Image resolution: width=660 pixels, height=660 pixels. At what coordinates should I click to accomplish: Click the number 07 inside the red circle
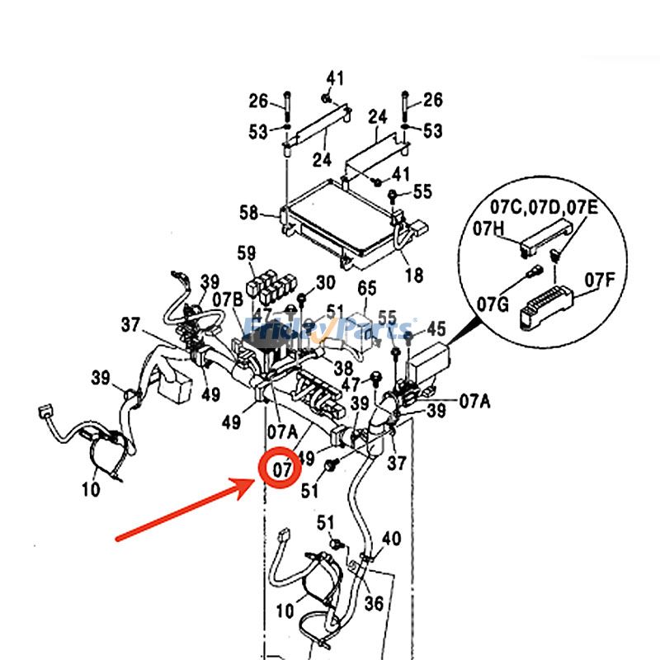click(x=282, y=469)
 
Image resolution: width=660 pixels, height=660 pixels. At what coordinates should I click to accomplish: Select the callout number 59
click(x=247, y=252)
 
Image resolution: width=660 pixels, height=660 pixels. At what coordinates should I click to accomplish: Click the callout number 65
click(x=366, y=288)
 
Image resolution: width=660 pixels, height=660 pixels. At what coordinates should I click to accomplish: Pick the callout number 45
click(x=436, y=329)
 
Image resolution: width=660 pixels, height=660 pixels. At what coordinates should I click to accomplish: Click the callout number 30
click(x=325, y=283)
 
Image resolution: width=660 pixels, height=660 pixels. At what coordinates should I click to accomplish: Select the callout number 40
click(x=391, y=539)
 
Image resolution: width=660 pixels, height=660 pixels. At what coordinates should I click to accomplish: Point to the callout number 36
click(x=374, y=604)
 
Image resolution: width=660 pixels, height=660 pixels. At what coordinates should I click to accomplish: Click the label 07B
click(x=227, y=298)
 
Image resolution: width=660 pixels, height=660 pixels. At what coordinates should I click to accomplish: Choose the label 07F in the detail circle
click(x=600, y=280)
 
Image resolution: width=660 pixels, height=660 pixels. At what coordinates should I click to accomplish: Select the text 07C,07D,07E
click(x=543, y=206)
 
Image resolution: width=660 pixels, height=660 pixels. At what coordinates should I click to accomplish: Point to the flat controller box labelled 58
click(x=338, y=218)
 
